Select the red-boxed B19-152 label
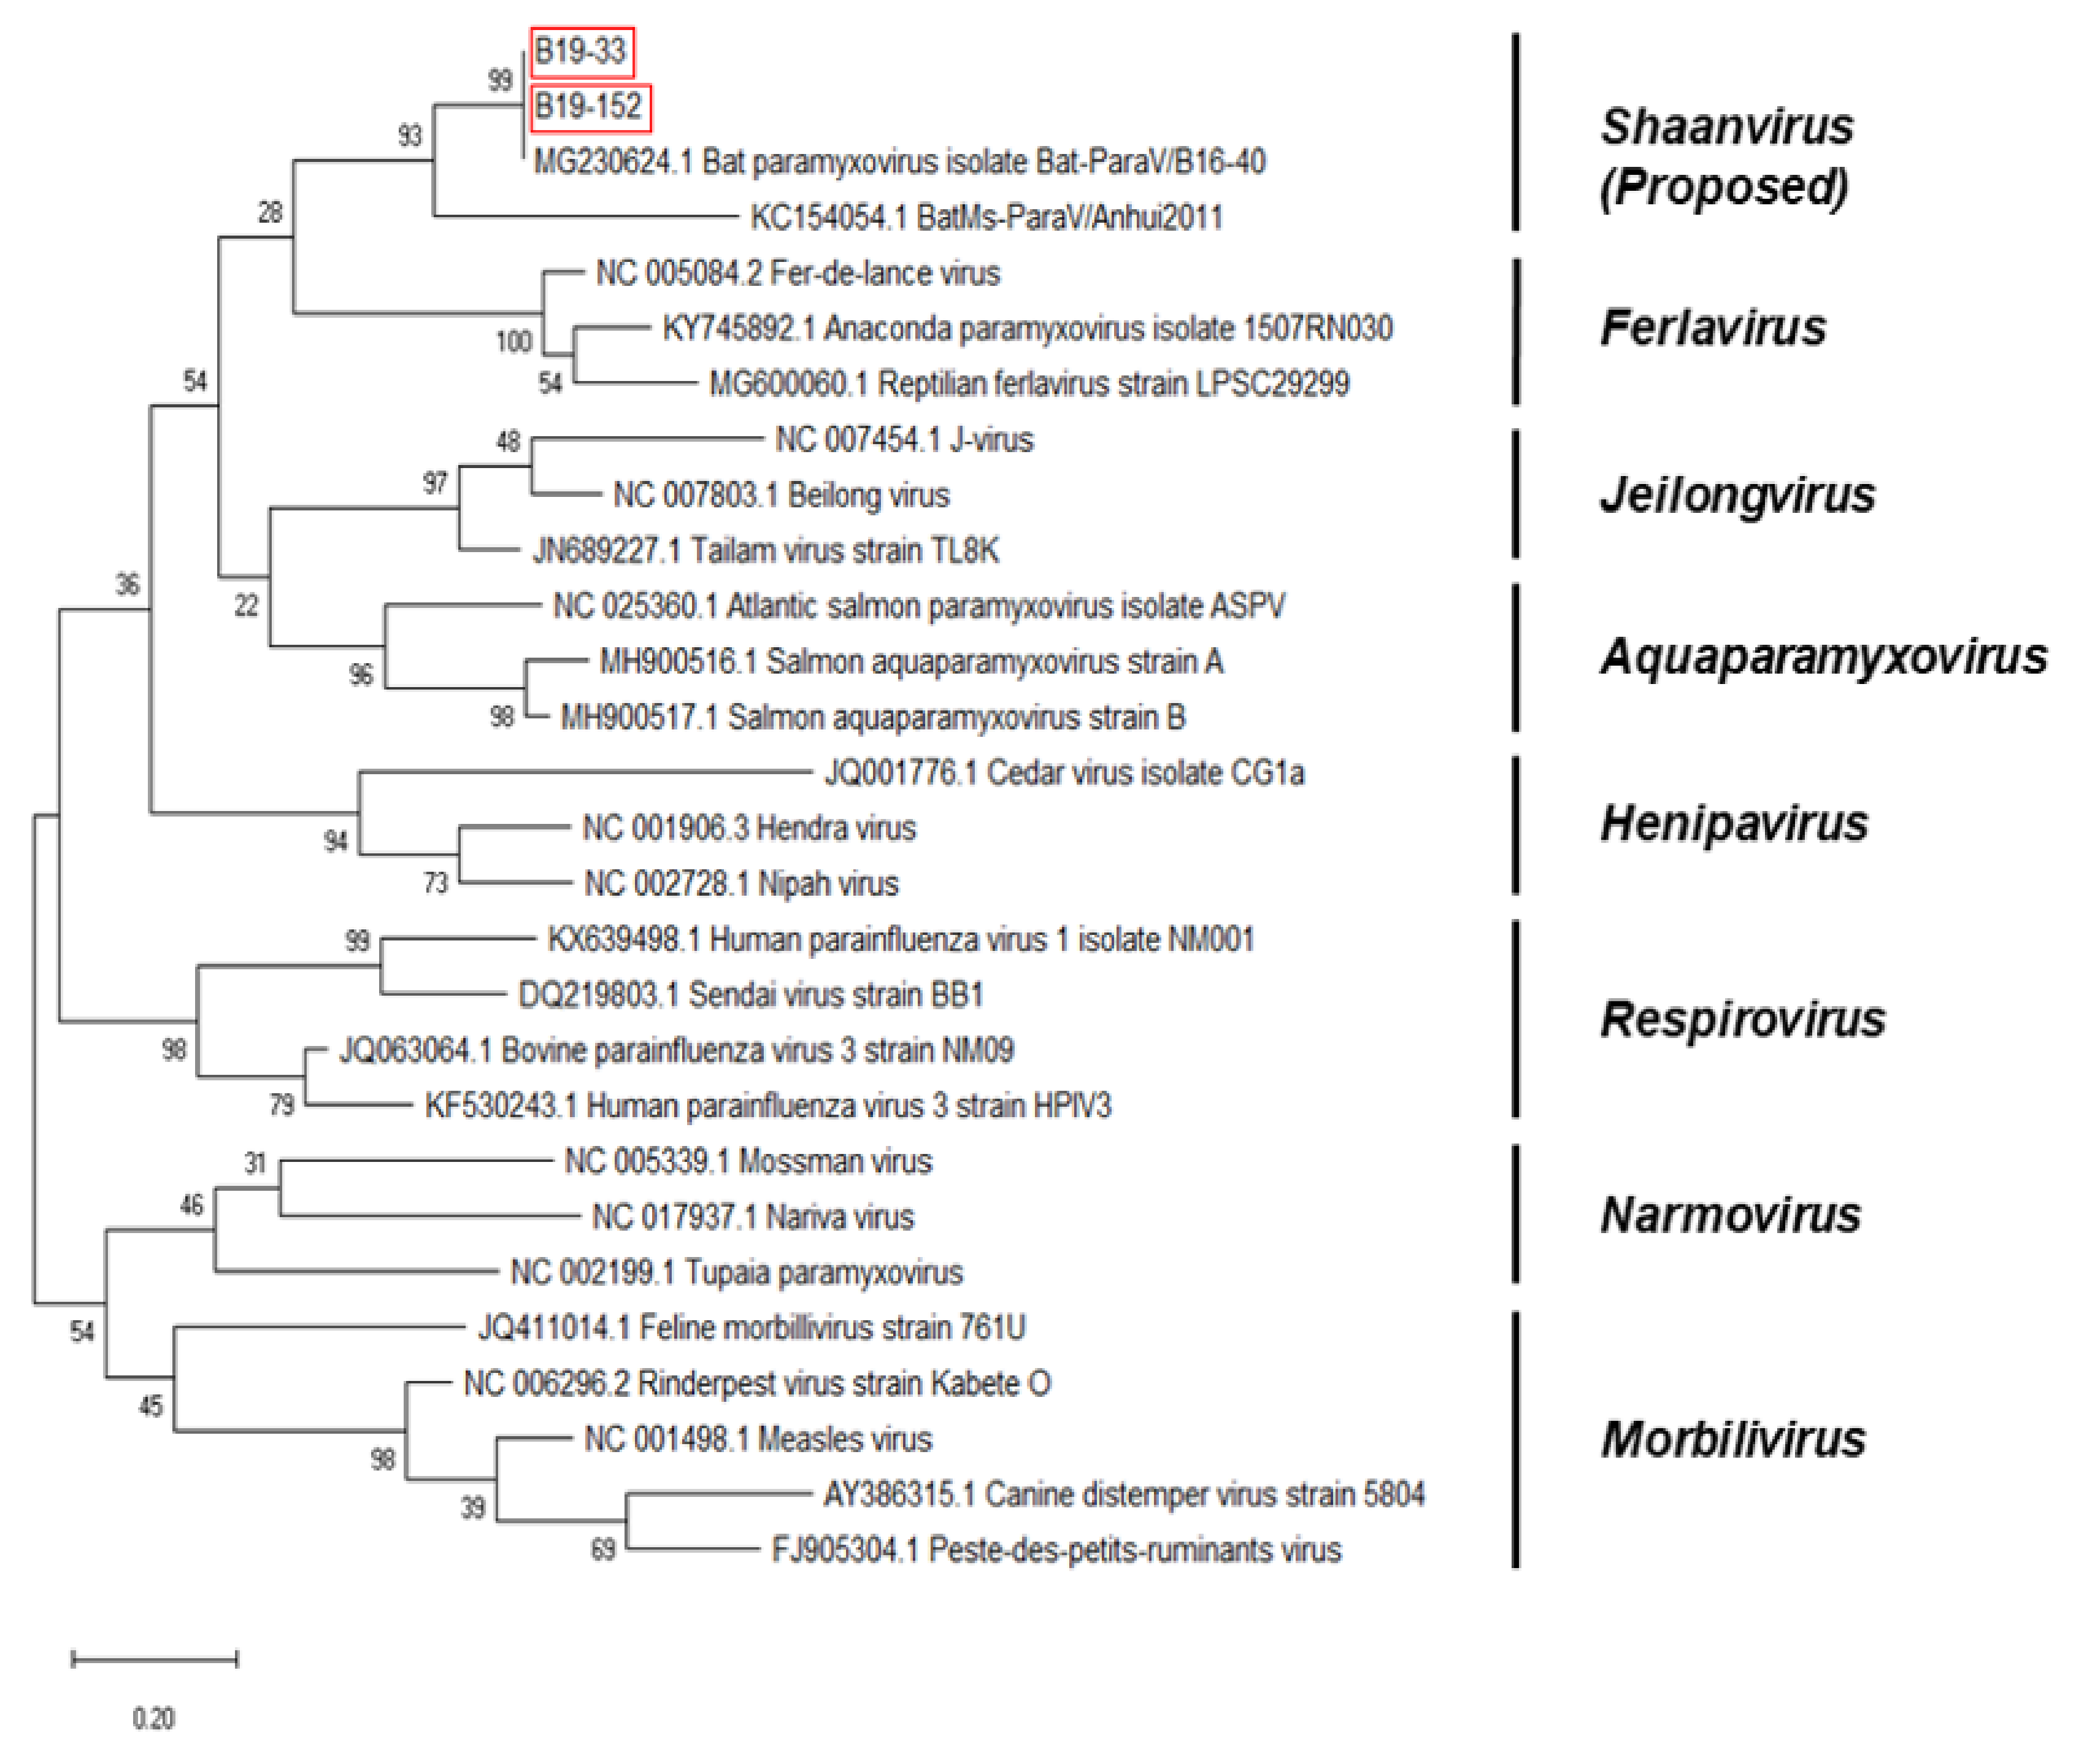click(589, 107)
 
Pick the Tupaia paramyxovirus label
click(736, 1272)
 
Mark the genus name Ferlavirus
click(1712, 328)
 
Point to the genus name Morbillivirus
click(1732, 1439)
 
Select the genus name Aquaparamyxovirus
click(1823, 656)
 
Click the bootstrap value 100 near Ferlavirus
click(514, 342)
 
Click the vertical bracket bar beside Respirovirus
click(1515, 1018)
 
